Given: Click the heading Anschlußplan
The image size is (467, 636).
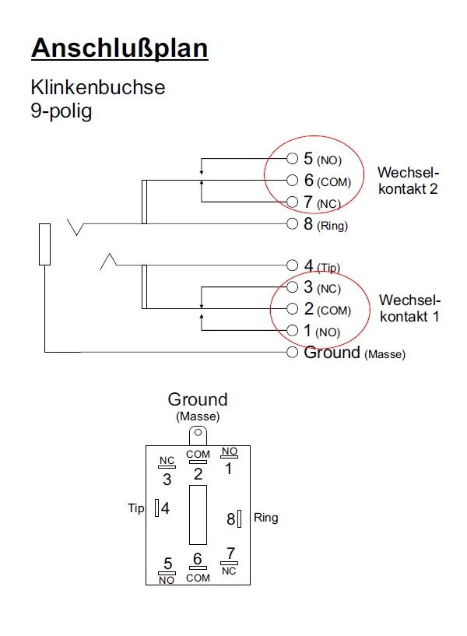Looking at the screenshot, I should point(119,48).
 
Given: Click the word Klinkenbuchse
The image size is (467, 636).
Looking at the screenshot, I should point(97,87).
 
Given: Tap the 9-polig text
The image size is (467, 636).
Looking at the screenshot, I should point(61,111).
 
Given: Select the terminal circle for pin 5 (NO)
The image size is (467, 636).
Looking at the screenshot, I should point(293,159).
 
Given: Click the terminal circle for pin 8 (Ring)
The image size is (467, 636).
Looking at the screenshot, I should point(293,225).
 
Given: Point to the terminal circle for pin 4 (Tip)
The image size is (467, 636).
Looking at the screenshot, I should point(293,265).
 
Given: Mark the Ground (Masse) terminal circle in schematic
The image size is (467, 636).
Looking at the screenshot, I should point(293,353).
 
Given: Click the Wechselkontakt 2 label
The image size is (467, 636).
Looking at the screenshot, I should point(408,181).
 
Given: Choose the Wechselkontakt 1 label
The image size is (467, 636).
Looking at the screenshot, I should point(409,308).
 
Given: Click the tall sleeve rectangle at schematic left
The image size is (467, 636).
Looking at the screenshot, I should point(45,244).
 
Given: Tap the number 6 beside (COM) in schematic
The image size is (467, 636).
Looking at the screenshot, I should point(309,181).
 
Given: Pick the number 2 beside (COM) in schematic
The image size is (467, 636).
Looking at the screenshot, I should point(309,309).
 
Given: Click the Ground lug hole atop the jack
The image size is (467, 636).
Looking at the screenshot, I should point(198,434).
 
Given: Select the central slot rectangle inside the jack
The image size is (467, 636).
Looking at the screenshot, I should point(198,515).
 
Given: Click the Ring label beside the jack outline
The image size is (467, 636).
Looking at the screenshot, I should point(265,518).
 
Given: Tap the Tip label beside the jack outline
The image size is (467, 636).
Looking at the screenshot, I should point(136,508).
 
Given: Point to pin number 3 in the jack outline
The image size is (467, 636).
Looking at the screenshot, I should point(167,480).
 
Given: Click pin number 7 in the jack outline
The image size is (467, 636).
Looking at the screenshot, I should point(230,553).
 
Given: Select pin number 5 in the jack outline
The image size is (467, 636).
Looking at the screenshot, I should point(167,564).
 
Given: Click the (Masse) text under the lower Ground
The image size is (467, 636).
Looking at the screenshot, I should point(198,416).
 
